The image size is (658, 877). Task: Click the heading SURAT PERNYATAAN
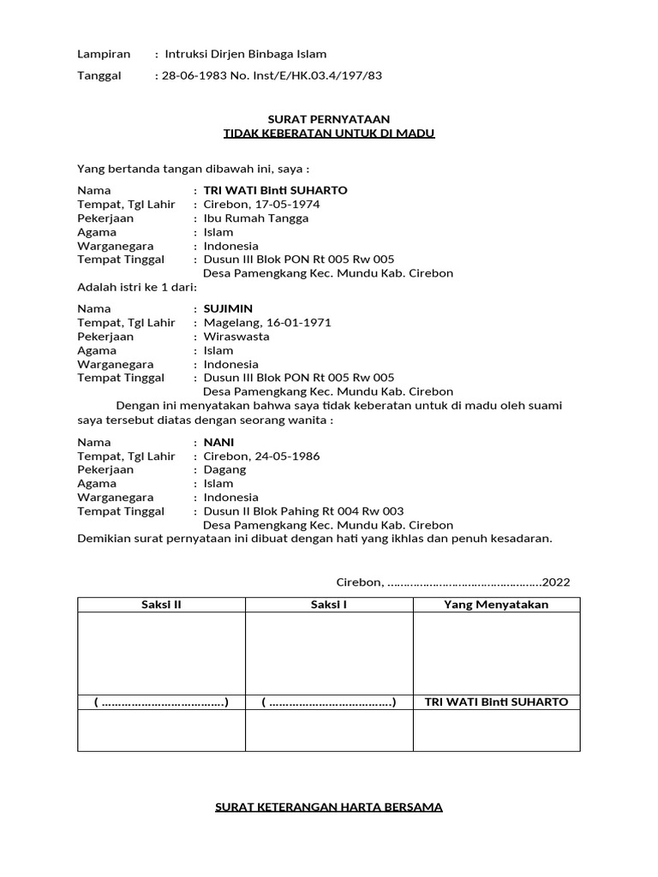tap(329, 119)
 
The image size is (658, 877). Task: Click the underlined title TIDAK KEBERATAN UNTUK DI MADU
tap(329, 134)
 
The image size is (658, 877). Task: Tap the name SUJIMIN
tap(228, 308)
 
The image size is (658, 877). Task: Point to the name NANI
tap(218, 442)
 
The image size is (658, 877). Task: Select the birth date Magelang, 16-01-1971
tap(266, 323)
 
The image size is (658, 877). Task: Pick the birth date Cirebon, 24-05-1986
tap(261, 456)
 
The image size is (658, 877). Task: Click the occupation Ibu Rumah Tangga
tap(256, 218)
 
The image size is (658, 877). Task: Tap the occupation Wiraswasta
tap(236, 337)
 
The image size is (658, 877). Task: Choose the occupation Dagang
tap(224, 470)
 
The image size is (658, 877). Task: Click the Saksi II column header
tap(161, 605)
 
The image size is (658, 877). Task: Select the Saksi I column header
tap(329, 605)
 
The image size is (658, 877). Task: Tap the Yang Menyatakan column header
tap(496, 605)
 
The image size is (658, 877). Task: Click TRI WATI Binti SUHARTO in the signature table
tap(496, 702)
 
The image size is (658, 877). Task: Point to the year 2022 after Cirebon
tap(555, 582)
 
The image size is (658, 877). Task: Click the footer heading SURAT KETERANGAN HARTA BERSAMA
tap(329, 807)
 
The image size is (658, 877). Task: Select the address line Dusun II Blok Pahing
tap(303, 511)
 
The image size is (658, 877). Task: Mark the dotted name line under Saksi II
tap(161, 702)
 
